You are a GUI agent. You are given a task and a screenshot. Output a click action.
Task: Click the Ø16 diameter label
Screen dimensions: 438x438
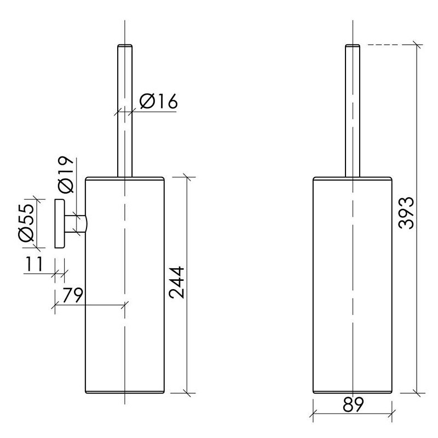[x=158, y=101]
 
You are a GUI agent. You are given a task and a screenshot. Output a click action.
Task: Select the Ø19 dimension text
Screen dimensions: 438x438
[x=66, y=175]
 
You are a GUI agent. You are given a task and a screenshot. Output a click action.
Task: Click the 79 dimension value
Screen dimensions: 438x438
[x=72, y=295]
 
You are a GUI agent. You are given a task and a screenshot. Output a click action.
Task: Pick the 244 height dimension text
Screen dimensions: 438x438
[x=177, y=283]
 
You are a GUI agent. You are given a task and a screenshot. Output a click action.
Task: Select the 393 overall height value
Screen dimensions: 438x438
[x=406, y=214]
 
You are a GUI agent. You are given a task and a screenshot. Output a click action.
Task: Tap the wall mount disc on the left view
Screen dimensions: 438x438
[x=60, y=223]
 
